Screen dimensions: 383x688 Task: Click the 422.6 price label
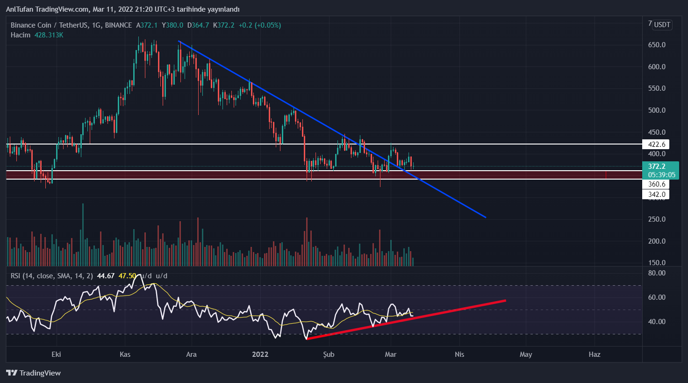[x=656, y=145]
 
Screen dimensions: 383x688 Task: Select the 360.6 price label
[x=656, y=184]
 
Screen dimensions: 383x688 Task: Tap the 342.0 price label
[x=656, y=195]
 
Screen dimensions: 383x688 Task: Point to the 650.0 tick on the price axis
[x=657, y=45]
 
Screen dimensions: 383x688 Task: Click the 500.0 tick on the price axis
[x=657, y=110]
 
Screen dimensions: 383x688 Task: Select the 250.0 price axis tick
[x=657, y=219]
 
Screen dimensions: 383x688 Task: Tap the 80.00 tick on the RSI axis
[x=657, y=273]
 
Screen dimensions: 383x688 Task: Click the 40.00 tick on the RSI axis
[x=657, y=322]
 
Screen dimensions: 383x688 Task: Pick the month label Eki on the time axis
[x=56, y=354]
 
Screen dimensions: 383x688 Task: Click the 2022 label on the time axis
[x=260, y=354]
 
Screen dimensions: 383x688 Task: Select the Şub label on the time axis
[x=329, y=354]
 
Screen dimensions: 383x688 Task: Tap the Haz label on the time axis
[x=594, y=354]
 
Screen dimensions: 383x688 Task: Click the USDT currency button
[x=662, y=25]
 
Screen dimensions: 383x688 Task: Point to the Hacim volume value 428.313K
[x=49, y=35]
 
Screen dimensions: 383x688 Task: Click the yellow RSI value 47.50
[x=127, y=276]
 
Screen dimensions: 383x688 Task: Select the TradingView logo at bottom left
[x=34, y=373]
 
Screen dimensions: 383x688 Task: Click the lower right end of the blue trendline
[x=486, y=217]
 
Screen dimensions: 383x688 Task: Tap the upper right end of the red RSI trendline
[x=505, y=300]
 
